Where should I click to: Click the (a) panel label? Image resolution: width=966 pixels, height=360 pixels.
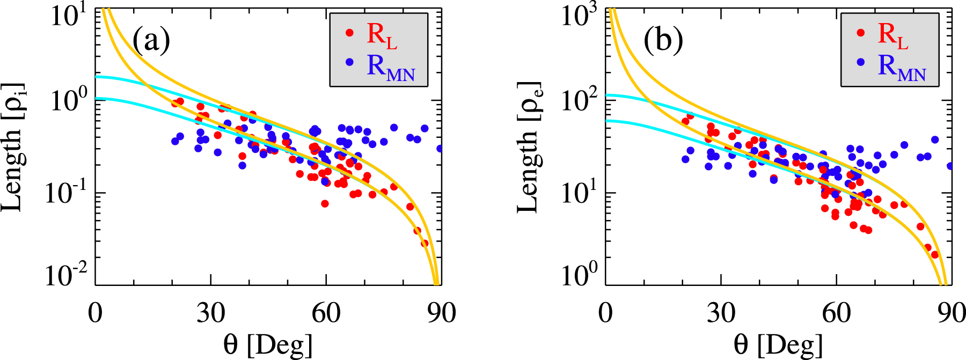click(151, 41)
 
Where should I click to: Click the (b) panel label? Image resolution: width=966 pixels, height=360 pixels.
click(663, 41)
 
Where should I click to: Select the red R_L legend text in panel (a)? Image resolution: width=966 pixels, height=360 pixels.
click(382, 35)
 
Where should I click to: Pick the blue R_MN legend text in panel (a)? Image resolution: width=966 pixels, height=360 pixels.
click(391, 67)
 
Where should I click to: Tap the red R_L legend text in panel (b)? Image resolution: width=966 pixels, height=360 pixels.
click(892, 35)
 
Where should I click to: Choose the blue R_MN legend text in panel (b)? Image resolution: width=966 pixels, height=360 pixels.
click(902, 67)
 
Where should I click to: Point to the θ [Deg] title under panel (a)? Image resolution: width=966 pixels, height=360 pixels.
click(268, 344)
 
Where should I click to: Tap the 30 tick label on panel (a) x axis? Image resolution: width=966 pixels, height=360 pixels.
click(210, 313)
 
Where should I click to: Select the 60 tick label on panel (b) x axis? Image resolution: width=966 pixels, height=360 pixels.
click(836, 313)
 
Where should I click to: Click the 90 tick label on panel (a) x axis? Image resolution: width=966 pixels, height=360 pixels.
click(441, 313)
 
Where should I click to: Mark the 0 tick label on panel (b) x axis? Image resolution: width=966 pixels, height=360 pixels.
click(606, 313)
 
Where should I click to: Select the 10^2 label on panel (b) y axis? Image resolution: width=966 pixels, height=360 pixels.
click(580, 101)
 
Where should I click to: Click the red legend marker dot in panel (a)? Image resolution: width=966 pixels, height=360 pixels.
click(349, 33)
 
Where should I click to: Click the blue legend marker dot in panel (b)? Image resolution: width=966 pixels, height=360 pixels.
click(861, 62)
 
